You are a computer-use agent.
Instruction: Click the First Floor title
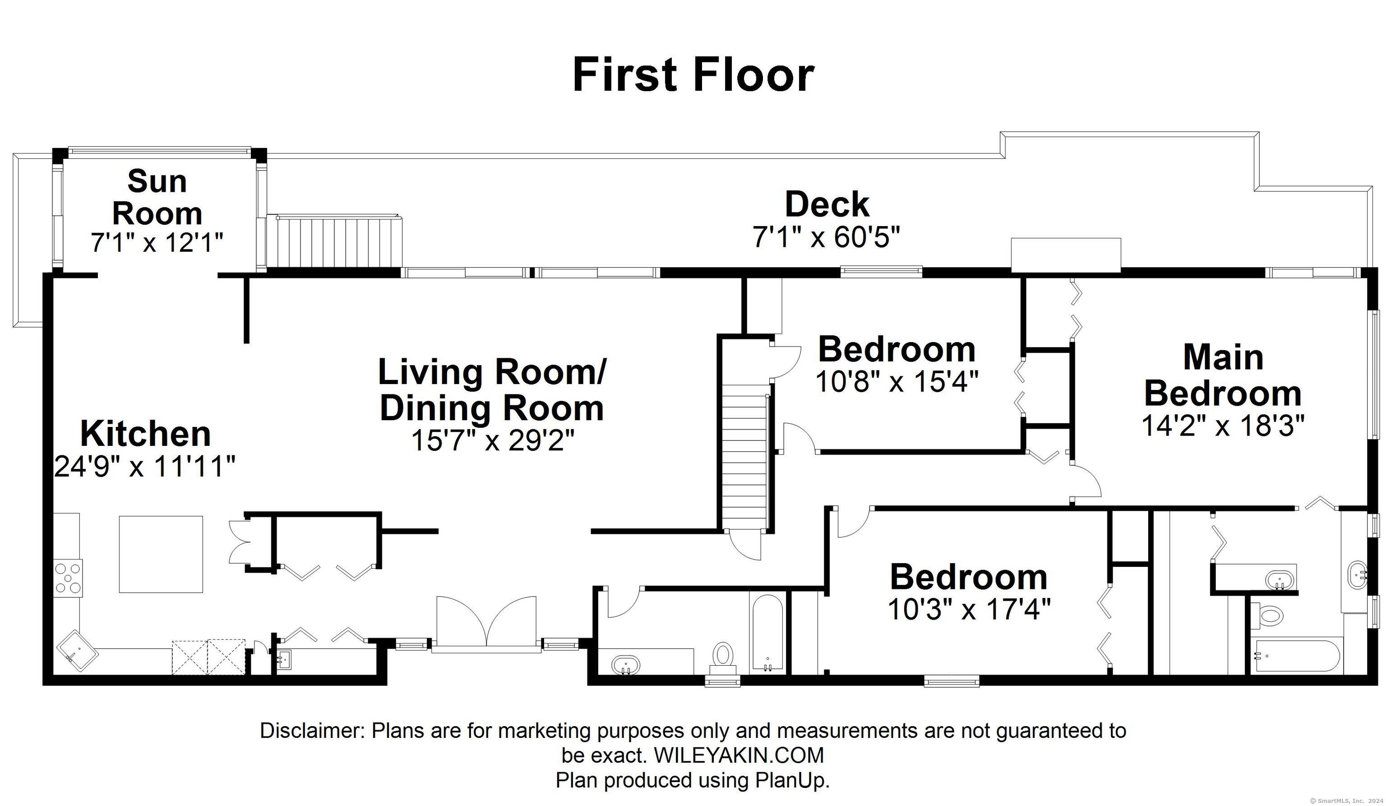point(693,75)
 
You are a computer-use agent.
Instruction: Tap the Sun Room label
point(157,197)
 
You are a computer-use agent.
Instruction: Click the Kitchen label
point(146,434)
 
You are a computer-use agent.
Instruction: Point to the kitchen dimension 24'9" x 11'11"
point(145,467)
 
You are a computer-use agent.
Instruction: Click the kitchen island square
point(161,554)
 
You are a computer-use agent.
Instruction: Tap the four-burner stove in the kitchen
point(68,578)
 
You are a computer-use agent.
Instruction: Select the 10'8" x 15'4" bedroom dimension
point(897,381)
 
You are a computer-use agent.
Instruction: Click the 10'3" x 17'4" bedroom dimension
point(969,610)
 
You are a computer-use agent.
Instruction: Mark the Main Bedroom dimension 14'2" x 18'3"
point(1223,425)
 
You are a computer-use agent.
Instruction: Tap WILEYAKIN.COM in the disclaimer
point(739,755)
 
